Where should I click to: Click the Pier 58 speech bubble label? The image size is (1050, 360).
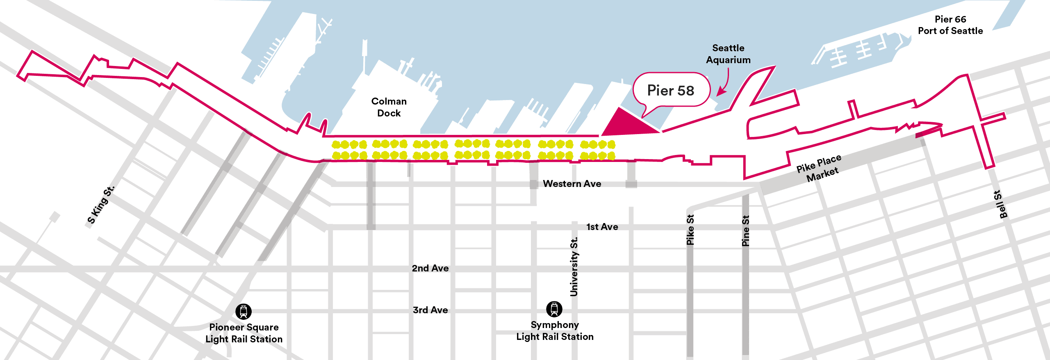tap(671, 91)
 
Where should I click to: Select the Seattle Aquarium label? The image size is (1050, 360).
tap(728, 54)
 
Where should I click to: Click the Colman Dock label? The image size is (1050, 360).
tap(389, 107)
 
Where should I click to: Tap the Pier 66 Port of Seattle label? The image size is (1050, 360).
tap(950, 25)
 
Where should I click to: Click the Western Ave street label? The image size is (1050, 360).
tap(572, 184)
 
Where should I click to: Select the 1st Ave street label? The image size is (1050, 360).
tap(602, 227)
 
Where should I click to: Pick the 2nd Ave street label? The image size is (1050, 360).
tap(430, 268)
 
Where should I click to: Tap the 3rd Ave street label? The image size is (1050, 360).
tap(430, 310)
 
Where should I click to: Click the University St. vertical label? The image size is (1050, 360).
tap(574, 267)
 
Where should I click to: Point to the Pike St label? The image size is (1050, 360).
tap(690, 230)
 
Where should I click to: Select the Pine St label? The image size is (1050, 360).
tap(745, 230)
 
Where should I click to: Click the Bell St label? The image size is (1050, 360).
tap(1000, 204)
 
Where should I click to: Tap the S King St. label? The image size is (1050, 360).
tap(101, 205)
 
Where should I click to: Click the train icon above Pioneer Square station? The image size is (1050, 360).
tap(244, 312)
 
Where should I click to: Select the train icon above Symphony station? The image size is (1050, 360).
tap(554, 309)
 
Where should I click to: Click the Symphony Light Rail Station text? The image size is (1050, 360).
tap(555, 330)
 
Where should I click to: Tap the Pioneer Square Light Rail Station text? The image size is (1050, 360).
tap(244, 333)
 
